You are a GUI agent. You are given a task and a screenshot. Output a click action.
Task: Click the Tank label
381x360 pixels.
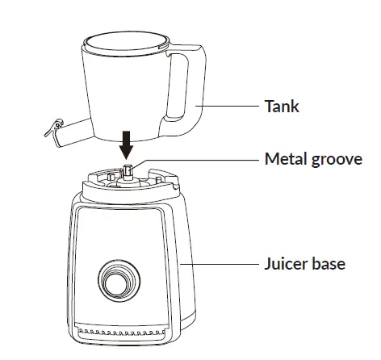coord(282,107)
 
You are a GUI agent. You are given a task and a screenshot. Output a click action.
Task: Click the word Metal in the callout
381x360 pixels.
coord(284,158)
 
